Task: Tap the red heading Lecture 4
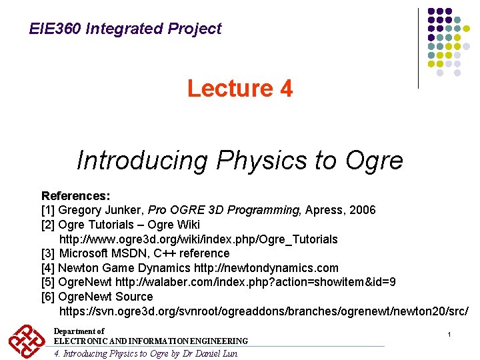click(x=239, y=89)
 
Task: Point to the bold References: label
click(x=76, y=196)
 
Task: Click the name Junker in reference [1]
click(x=122, y=211)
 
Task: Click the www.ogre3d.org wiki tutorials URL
click(x=199, y=239)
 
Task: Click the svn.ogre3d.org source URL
click(x=264, y=311)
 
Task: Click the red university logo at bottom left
click(x=26, y=341)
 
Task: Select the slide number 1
click(x=450, y=333)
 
